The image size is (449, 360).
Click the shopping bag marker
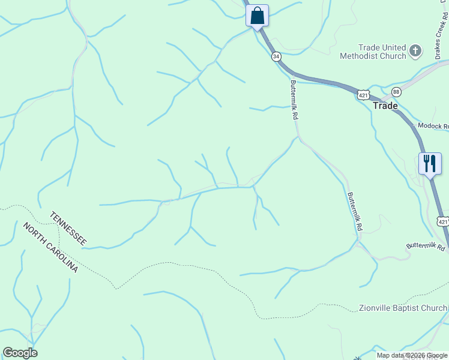click(258, 16)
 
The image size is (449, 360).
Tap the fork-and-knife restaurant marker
click(430, 163)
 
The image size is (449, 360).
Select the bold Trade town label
click(385, 106)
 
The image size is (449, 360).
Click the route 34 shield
click(276, 56)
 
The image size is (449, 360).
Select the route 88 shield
click(396, 91)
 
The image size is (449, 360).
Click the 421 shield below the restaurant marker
click(443, 221)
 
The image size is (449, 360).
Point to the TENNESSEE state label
click(68, 228)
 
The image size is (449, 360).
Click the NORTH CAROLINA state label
click(50, 247)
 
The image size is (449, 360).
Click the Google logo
click(20, 353)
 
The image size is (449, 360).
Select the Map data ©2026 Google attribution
click(412, 355)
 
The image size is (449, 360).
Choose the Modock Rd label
click(433, 126)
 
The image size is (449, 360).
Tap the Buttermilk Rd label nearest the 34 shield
click(294, 100)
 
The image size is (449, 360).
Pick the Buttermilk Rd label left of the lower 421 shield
click(425, 245)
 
